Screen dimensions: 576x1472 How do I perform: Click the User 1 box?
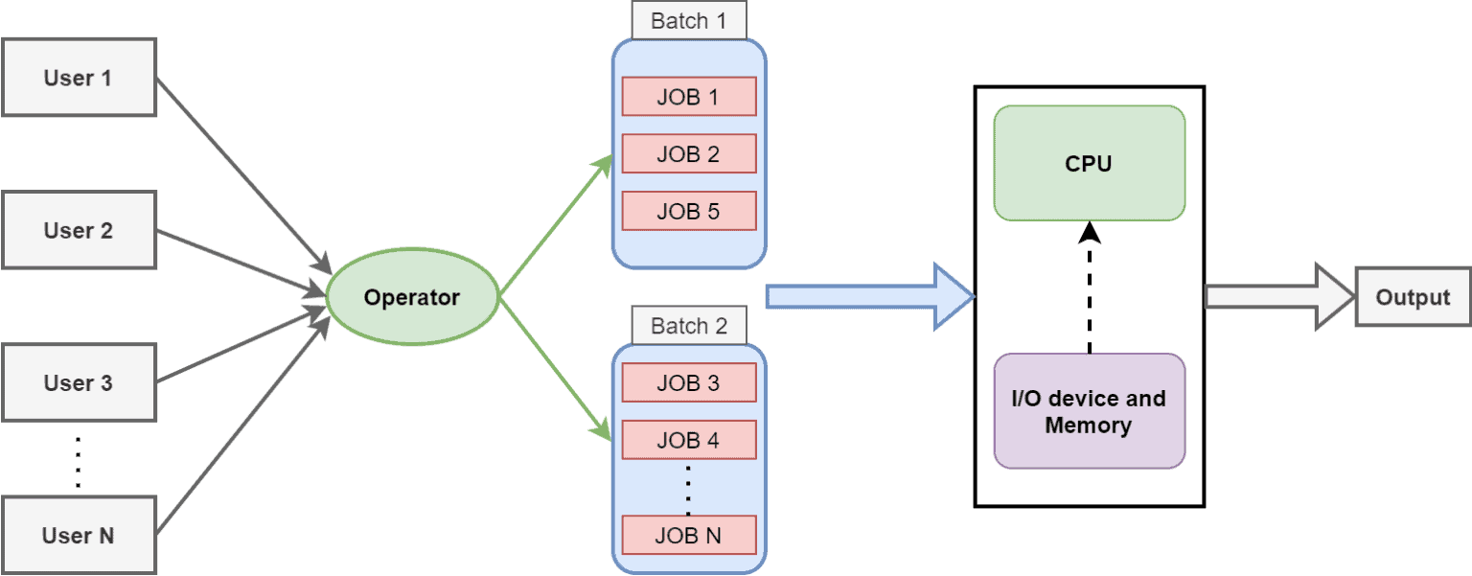79,78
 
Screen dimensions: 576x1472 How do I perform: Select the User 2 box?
79,230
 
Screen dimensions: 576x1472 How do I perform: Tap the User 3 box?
79,382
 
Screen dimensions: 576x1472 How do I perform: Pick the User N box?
79,535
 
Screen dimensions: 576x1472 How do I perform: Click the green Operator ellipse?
412,297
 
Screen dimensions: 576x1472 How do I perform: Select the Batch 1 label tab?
688,21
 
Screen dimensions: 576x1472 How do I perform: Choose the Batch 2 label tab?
688,326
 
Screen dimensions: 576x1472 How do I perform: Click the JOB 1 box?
688,97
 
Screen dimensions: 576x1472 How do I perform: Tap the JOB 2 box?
688,153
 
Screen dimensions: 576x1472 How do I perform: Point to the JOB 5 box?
688,211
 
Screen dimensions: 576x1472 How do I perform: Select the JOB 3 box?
688,382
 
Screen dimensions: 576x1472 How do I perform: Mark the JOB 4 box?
688,440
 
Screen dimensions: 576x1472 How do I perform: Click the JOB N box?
688,535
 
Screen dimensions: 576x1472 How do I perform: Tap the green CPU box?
1089,163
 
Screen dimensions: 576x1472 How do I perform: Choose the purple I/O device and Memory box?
1089,411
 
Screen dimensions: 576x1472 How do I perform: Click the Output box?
1413,297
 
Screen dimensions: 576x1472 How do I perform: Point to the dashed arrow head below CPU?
1090,232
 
